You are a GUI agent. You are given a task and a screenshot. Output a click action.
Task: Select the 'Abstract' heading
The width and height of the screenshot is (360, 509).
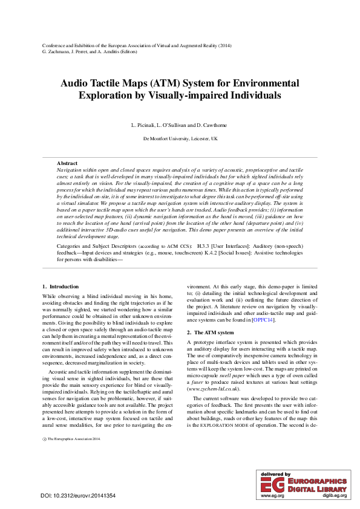pyautogui.click(x=67, y=163)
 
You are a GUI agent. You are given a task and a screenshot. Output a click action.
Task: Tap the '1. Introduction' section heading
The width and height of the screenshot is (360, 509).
pyautogui.click(x=60, y=286)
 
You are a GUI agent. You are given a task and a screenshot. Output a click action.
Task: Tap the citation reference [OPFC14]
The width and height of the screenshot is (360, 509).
pyautogui.click(x=263, y=319)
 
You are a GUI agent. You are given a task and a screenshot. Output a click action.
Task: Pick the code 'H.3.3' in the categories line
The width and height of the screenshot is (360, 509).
pyautogui.click(x=204, y=247)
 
